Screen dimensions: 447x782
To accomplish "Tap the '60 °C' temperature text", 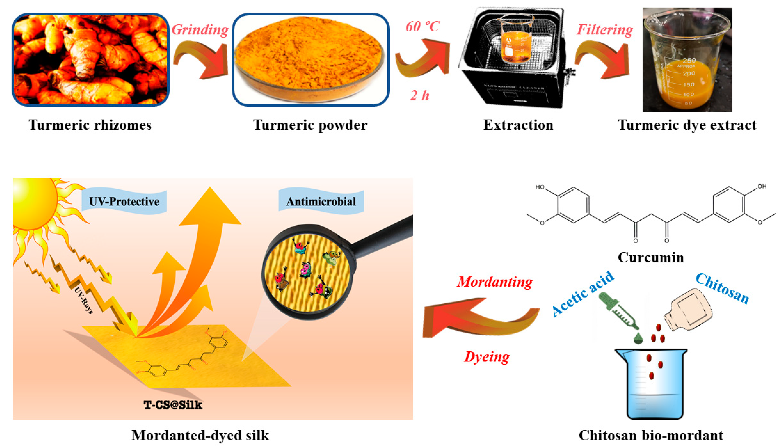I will tap(423, 26).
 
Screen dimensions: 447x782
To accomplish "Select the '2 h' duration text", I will tap(419, 96).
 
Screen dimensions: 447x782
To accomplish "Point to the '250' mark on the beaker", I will tap(689, 60).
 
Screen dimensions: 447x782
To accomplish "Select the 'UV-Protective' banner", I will tap(124, 201).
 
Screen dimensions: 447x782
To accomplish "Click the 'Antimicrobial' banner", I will tap(321, 201).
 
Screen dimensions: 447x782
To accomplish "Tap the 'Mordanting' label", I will tap(494, 282).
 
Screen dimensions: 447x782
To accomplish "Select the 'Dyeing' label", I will tap(486, 357).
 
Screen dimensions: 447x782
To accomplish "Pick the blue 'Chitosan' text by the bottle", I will tap(722, 288).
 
